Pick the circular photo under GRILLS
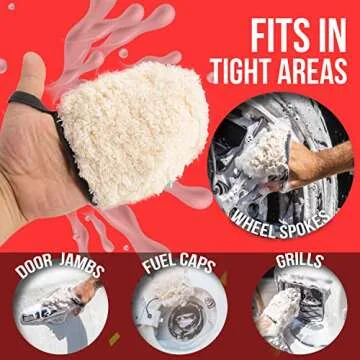tap(299, 316)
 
